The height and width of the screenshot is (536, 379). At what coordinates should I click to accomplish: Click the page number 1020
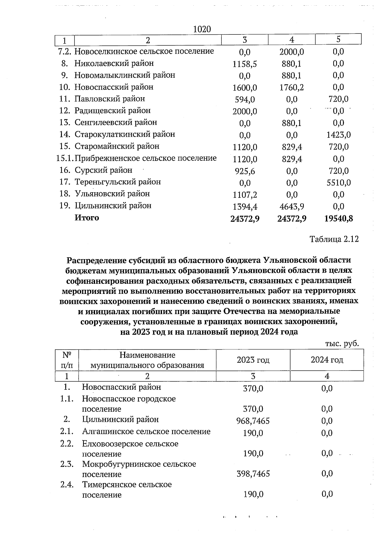(x=202, y=29)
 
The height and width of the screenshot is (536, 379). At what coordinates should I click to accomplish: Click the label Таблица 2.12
(x=334, y=239)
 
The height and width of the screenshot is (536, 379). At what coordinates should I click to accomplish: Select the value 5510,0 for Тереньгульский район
(x=339, y=183)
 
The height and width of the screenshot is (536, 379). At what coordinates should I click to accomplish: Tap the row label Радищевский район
(x=112, y=111)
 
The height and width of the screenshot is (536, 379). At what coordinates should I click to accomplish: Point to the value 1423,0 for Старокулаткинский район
(x=339, y=135)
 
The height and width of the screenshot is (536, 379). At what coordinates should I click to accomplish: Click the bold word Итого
(x=87, y=218)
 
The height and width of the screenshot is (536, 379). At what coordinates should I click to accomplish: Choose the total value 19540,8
(x=339, y=219)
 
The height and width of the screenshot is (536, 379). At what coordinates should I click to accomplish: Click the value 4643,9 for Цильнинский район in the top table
(x=292, y=207)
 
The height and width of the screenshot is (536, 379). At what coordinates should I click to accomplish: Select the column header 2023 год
(x=253, y=360)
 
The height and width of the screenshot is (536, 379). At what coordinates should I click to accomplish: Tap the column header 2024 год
(x=327, y=360)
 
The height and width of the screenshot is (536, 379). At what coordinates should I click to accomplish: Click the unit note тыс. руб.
(x=342, y=343)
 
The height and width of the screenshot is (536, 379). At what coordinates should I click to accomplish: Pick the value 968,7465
(x=253, y=421)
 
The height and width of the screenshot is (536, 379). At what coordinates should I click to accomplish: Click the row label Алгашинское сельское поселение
(x=146, y=432)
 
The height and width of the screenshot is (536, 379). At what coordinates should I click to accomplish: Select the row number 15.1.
(x=65, y=158)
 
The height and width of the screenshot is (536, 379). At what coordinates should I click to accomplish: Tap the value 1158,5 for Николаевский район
(x=245, y=64)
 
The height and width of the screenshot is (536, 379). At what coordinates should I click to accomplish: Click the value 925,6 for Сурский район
(x=245, y=171)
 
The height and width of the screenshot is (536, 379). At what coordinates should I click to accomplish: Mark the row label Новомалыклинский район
(x=125, y=75)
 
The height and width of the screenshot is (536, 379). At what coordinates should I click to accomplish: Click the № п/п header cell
(x=67, y=360)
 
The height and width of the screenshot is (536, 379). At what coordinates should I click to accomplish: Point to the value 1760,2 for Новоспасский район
(x=292, y=87)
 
